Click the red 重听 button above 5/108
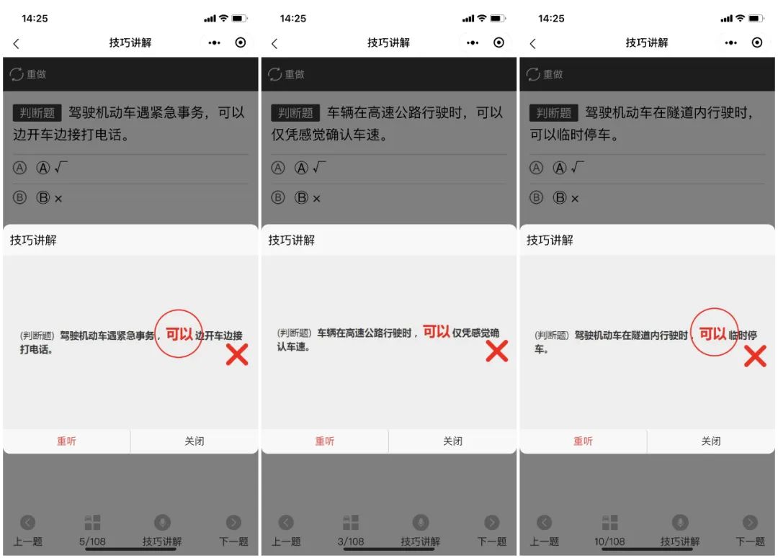click(x=66, y=441)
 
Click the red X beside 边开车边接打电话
click(x=237, y=354)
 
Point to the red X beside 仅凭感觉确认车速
click(x=496, y=351)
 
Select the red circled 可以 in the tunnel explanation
click(x=713, y=333)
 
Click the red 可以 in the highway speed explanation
click(x=437, y=332)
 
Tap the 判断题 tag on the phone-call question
click(x=37, y=113)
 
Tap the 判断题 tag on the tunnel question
click(x=554, y=113)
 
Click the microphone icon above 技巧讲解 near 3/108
click(x=420, y=523)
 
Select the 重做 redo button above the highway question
click(x=287, y=74)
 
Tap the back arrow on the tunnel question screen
click(x=533, y=43)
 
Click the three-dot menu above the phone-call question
click(x=215, y=42)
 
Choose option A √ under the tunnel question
click(x=568, y=168)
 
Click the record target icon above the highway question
click(x=498, y=42)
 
